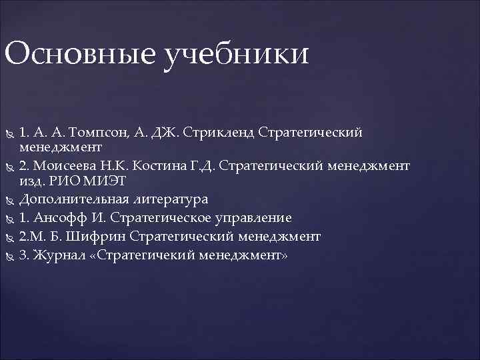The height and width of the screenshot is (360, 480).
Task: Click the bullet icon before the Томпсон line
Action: (x=9, y=133)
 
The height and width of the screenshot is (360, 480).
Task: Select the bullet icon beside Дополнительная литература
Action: (x=9, y=200)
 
